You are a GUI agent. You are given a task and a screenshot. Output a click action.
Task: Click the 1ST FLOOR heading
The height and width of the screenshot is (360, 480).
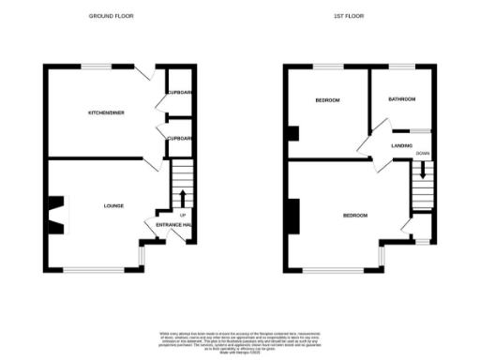(x=349, y=17)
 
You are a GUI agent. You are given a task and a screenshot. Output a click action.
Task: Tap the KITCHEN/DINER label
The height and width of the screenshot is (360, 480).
(x=106, y=112)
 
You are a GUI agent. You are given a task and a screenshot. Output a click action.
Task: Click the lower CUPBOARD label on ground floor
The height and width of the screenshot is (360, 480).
(x=180, y=138)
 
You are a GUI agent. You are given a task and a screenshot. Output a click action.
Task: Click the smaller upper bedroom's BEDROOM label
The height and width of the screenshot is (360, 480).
(x=327, y=100)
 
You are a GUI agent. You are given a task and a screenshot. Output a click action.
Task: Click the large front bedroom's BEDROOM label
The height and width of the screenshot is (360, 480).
(x=354, y=216)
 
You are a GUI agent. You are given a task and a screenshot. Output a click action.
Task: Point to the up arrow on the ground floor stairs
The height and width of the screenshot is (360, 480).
(x=182, y=196)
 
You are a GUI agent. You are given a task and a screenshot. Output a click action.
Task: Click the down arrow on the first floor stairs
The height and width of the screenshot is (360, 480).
(x=423, y=171)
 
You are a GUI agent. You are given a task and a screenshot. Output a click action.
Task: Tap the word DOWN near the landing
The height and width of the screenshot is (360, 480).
(x=423, y=153)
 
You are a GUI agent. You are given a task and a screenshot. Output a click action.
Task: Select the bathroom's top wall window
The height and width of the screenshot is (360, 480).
(x=402, y=66)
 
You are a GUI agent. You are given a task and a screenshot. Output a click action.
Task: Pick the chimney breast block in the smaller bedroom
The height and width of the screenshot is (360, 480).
(x=292, y=132)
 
